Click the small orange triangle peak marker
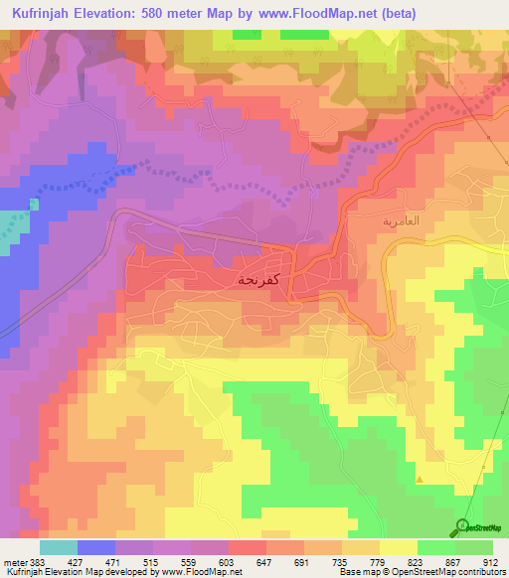tap(420, 480)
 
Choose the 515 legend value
tap(152, 561)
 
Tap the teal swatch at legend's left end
tap(58, 547)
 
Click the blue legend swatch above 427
tap(96, 547)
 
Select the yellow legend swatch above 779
tap(363, 547)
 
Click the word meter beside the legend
tap(14, 561)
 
